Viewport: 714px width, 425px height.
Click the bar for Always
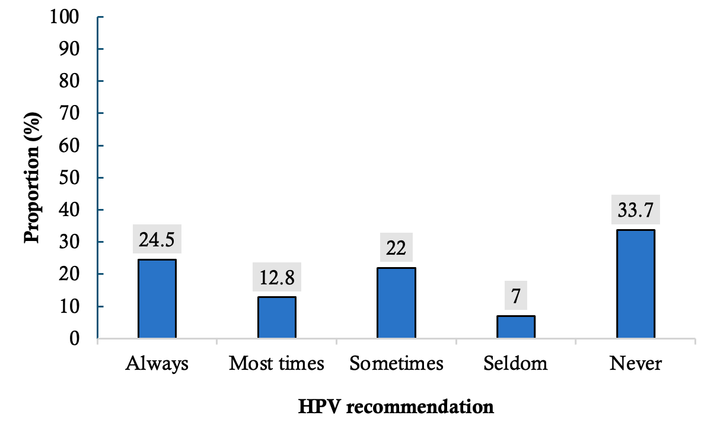(x=157, y=299)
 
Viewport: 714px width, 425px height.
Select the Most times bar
(x=276, y=318)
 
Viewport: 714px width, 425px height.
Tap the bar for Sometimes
(x=396, y=303)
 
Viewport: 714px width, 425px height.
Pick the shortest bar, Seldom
(x=516, y=327)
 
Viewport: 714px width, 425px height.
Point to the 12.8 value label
(x=276, y=277)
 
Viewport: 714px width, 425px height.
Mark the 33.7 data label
(x=635, y=209)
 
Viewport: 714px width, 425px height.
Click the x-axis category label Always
(x=157, y=364)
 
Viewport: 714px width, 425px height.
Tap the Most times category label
(x=276, y=364)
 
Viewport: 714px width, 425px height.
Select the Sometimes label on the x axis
(x=396, y=364)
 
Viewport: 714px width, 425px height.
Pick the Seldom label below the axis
(x=516, y=364)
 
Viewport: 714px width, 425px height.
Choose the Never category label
(x=635, y=364)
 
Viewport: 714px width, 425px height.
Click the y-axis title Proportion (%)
(x=33, y=177)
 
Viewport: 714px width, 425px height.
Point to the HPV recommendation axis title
(x=396, y=407)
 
